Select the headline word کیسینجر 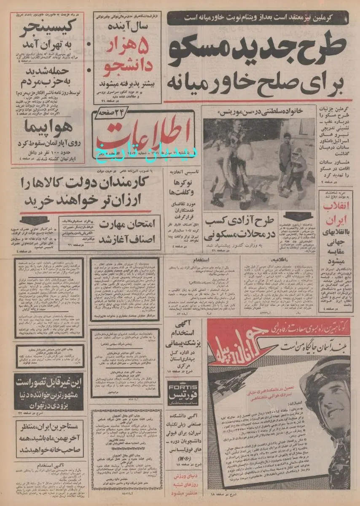point(46,31)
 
